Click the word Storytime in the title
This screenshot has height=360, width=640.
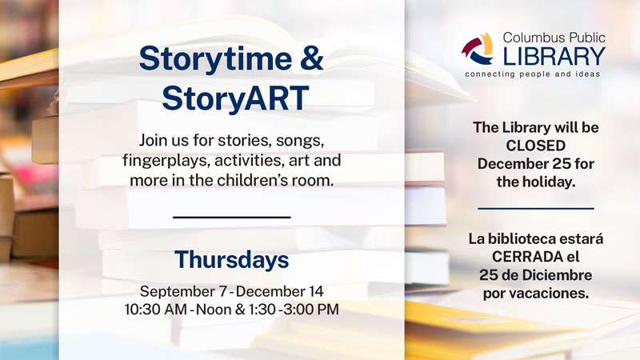tap(215, 59)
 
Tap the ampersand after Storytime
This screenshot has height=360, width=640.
tap(312, 58)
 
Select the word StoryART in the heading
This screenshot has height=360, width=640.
tap(235, 98)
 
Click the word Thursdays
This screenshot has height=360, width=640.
tap(231, 259)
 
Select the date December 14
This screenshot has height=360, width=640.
tap(279, 291)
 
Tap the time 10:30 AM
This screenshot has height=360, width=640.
tap(156, 309)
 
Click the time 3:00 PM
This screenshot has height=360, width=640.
tap(311, 309)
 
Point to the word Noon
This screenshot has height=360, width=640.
tap(214, 309)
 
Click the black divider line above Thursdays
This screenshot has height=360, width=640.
tap(231, 217)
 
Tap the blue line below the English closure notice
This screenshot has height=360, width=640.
tap(535, 209)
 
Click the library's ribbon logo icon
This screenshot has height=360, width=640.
tap(477, 50)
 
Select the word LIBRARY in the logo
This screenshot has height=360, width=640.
tap(554, 56)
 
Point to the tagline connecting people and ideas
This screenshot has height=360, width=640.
tap(532, 74)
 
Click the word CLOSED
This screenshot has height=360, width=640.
tap(535, 146)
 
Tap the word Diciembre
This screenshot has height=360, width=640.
tap(554, 274)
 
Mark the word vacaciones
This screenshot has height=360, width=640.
tap(550, 293)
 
